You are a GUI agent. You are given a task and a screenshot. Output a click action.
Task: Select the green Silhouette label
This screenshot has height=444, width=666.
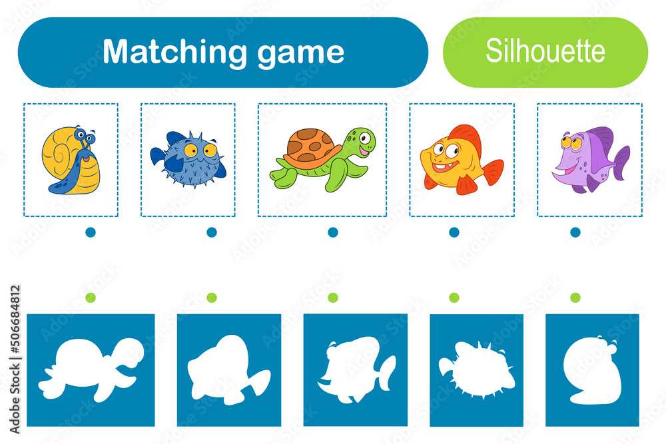[x=545, y=52]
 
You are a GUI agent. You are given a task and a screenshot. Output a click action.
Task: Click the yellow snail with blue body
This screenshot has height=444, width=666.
[x=71, y=160]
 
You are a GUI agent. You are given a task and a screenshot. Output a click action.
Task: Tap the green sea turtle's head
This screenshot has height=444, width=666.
[x=360, y=142]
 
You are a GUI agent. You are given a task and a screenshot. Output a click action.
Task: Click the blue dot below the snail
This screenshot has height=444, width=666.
[x=91, y=232]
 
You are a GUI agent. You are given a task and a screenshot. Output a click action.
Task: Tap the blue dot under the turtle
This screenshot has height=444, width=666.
[x=332, y=232]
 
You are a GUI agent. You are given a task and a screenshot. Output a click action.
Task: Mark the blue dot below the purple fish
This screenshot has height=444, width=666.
[x=575, y=232]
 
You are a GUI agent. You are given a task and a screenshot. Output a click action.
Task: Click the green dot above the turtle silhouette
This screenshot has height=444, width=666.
[x=91, y=297]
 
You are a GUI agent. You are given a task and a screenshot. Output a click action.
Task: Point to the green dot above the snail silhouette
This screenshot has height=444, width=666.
[x=575, y=297]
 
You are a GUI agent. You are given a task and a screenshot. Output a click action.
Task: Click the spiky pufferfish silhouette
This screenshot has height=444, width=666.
[x=477, y=370]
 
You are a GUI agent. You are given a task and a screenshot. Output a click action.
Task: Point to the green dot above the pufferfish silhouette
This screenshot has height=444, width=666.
[x=454, y=297]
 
